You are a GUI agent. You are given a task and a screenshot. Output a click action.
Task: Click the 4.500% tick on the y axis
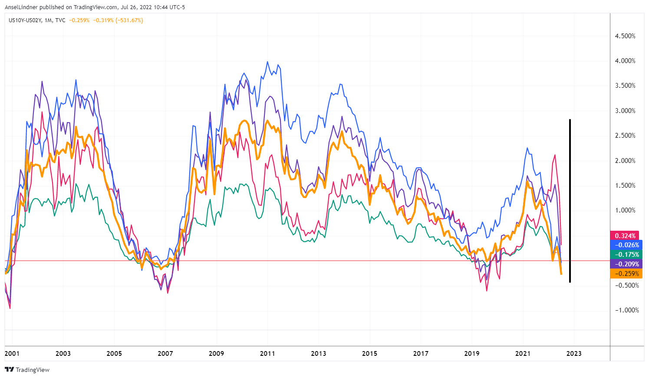tap(625, 36)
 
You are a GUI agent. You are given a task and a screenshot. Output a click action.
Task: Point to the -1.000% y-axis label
tap(625, 310)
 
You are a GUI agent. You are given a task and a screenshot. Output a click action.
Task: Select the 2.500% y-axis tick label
tap(625, 136)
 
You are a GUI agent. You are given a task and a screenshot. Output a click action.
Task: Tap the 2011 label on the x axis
tap(267, 353)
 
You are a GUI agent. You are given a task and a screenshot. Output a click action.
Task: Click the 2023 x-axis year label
tap(574, 353)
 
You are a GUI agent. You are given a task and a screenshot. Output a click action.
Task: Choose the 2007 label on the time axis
tap(165, 353)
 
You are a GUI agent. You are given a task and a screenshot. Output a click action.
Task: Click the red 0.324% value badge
tap(625, 235)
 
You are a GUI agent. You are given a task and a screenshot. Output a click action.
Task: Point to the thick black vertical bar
tap(570, 200)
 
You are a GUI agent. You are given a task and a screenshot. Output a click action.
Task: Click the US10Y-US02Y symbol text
tap(25, 20)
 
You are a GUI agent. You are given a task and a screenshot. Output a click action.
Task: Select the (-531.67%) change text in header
tap(129, 20)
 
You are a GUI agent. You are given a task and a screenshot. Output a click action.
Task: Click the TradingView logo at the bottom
tap(27, 370)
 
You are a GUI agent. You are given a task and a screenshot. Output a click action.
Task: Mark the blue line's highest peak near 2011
tap(267, 62)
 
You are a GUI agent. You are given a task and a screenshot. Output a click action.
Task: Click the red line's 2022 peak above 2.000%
tap(555, 155)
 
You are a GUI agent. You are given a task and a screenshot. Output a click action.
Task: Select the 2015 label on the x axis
tap(369, 353)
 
